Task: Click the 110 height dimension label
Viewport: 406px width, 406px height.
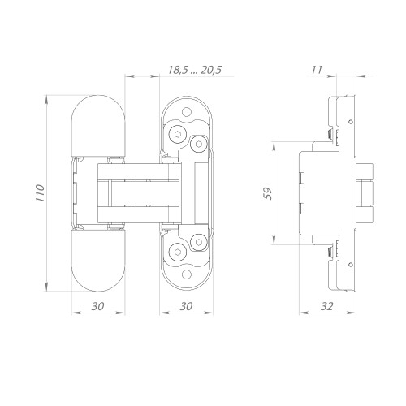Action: point(40,193)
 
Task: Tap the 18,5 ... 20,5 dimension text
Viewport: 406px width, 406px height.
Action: point(195,70)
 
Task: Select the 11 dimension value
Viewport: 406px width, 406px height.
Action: point(317,70)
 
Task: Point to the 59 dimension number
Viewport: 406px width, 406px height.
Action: point(268,193)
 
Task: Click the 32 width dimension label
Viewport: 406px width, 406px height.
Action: point(327,306)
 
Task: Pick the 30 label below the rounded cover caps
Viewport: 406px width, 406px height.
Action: point(97,306)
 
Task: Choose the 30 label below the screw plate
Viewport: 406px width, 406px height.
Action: point(186,306)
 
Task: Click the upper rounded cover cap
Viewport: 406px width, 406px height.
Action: point(98,126)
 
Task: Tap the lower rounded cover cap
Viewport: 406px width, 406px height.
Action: point(98,261)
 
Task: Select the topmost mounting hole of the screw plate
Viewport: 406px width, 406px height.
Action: point(187,112)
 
